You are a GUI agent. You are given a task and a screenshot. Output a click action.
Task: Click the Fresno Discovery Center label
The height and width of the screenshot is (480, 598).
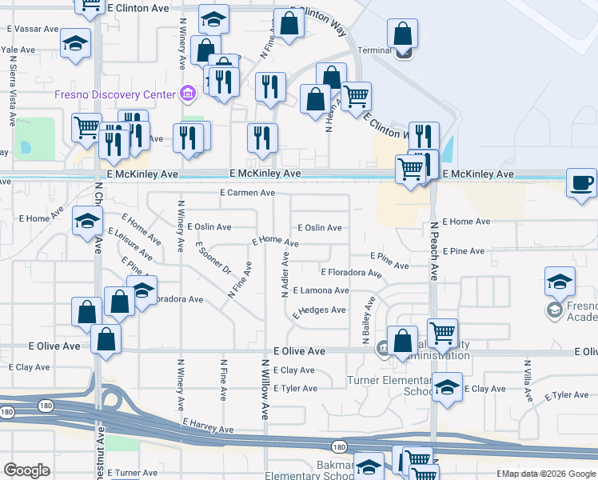[114, 94]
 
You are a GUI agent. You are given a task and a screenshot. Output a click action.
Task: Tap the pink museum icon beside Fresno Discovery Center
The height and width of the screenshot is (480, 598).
[188, 94]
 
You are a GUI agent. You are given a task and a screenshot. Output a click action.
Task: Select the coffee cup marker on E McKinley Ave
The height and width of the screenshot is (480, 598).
[581, 182]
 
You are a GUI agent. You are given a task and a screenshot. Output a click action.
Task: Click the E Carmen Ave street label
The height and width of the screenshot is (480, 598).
[248, 193]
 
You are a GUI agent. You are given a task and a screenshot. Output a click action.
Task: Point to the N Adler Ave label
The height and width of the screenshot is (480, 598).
[285, 274]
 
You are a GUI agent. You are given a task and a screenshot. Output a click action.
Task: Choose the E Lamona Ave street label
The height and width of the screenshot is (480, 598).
[321, 290]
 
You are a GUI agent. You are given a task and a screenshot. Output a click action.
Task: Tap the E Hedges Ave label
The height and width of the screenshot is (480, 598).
[319, 310]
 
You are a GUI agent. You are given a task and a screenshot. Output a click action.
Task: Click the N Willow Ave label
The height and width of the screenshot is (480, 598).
[264, 389]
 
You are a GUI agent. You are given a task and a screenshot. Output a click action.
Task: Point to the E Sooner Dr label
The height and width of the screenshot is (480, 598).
[213, 258]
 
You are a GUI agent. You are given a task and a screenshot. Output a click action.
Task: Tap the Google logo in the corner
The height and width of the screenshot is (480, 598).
[26, 470]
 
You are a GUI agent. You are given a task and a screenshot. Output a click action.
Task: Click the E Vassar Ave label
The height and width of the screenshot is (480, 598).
[33, 28]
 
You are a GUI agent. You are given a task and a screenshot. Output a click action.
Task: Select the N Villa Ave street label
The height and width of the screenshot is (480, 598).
[527, 381]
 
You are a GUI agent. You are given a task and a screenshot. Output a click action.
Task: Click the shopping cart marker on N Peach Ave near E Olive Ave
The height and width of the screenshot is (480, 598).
[442, 332]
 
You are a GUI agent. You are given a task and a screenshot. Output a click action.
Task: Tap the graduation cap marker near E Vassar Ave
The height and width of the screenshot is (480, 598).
[76, 43]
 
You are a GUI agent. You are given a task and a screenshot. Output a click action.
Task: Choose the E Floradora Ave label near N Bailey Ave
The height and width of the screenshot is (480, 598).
[351, 273]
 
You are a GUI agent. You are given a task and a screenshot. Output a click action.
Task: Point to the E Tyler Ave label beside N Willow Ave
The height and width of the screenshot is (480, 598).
[295, 389]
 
